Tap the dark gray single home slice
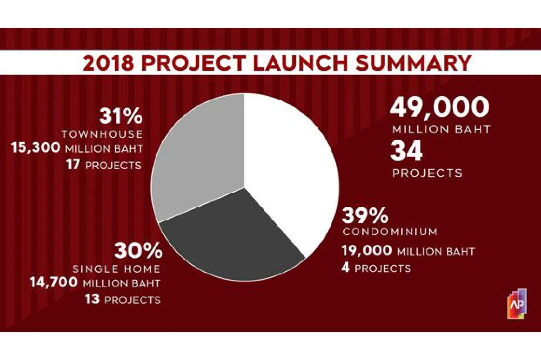click(232, 239)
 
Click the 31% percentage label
click(121, 117)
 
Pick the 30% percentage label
click(138, 251)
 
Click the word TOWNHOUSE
click(102, 134)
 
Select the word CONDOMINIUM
click(390, 232)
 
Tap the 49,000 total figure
click(440, 107)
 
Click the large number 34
click(407, 151)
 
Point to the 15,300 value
click(36, 148)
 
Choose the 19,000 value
click(367, 251)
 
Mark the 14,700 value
click(53, 282)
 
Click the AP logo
click(517, 304)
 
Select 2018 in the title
click(108, 64)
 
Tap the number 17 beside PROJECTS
click(73, 165)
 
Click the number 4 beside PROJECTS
click(346, 268)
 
